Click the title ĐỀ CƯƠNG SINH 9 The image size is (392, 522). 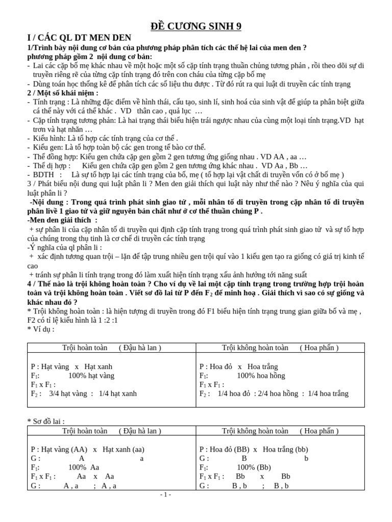pyautogui.click(x=195, y=27)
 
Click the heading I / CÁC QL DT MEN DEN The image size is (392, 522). pyautogui.click(x=79, y=38)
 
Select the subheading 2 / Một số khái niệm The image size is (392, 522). pyautogui.click(x=63, y=93)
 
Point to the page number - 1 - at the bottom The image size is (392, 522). pyautogui.click(x=165, y=494)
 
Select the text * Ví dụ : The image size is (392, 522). pyautogui.click(x=41, y=329)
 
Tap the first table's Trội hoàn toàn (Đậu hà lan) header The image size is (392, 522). pyautogui.click(x=111, y=348)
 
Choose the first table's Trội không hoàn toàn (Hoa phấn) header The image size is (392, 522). pyautogui.click(x=280, y=348)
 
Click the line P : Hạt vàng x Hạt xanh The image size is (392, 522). pyautogui.click(x=71, y=367)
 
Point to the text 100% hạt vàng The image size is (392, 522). pyautogui.click(x=91, y=376)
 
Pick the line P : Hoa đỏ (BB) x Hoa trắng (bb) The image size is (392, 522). pyautogui.click(x=254, y=449)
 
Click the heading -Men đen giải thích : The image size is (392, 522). pyautogui.click(x=62, y=220)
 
